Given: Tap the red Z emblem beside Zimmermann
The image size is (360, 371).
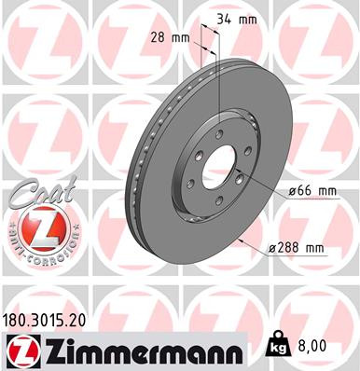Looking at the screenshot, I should pyautogui.click(x=19, y=350).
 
